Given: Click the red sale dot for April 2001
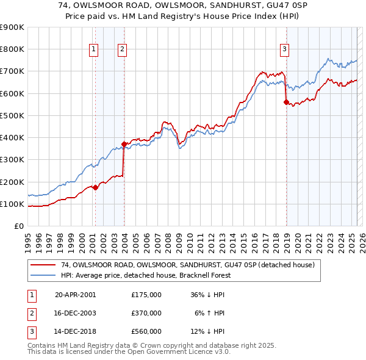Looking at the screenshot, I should point(95,187).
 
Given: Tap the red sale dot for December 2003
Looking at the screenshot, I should point(124,144).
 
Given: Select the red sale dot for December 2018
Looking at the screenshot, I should point(286,103).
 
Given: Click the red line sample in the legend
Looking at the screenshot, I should point(43,265).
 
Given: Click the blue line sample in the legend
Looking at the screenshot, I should point(43,275).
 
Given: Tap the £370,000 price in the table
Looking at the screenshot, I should point(146,313).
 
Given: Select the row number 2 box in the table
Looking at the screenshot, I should point(30,313).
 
